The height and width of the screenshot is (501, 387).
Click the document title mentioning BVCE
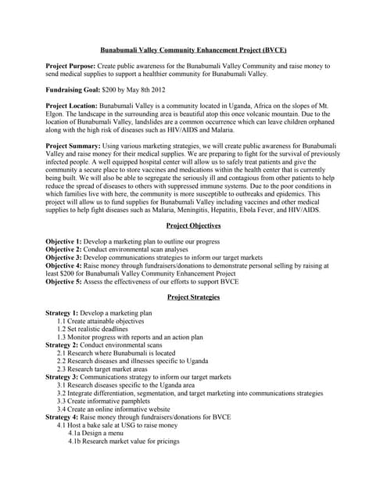pyautogui.click(x=193, y=49)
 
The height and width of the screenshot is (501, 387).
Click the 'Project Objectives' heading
pyautogui.click(x=193, y=225)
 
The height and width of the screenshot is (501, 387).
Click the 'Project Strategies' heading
pyautogui.click(x=193, y=298)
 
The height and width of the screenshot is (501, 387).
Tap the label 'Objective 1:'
pyautogui.click(x=66, y=242)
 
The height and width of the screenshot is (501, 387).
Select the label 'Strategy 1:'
pyautogui.click(x=63, y=313)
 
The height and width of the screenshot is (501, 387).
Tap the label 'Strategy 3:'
pyautogui.click(x=63, y=377)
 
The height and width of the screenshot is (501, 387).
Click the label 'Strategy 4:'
pyautogui.click(x=63, y=417)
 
